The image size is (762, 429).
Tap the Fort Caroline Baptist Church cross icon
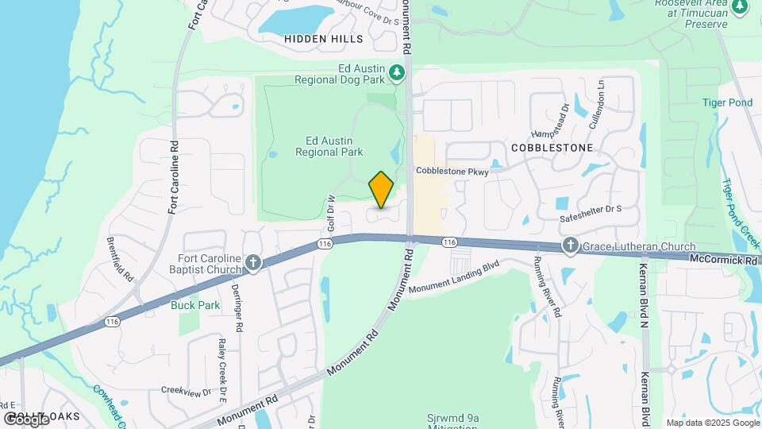253,262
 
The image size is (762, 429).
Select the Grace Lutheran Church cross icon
570,246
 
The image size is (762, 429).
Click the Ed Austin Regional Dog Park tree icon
398,74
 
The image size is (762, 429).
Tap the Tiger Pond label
726,102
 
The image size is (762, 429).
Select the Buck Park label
195,305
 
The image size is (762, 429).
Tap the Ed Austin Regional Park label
329,145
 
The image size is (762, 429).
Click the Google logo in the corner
26,419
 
